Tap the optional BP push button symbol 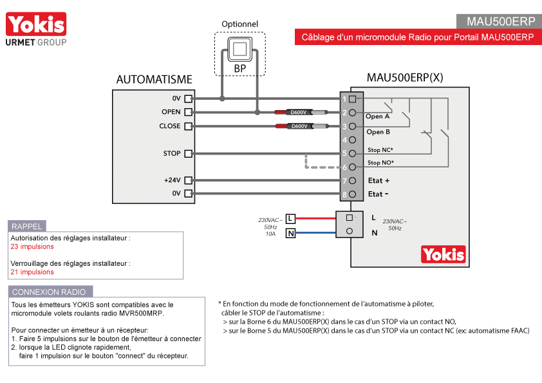coord(239,50)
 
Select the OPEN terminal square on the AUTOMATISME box coord(189,113)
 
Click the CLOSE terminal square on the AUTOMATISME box coord(189,126)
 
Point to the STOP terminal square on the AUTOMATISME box coord(189,154)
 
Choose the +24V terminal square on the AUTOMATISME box coord(189,181)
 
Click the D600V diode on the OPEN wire coord(299,113)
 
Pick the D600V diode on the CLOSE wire coord(299,126)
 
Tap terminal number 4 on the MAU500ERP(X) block coord(349,140)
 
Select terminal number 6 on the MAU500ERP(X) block coord(349,167)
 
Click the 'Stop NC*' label coord(380,150)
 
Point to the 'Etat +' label coord(378,181)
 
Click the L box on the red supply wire coord(290,218)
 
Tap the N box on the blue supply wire coord(290,233)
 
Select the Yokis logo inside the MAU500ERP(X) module coord(443,254)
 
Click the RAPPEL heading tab coord(27,226)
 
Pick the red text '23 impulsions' coord(32,247)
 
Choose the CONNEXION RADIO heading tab coord(50,292)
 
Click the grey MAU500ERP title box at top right coord(498,21)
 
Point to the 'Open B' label coord(378,132)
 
